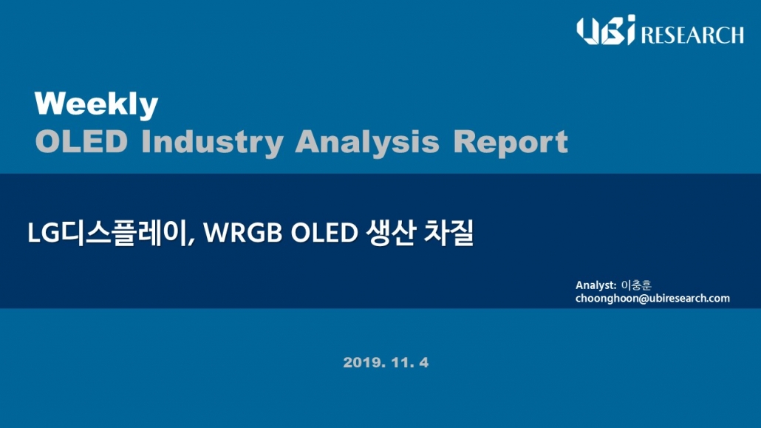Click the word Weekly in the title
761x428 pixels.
[x=96, y=104]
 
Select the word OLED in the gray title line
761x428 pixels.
[x=81, y=142]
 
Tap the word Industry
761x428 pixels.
[x=213, y=143]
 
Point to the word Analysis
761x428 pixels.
[x=367, y=143]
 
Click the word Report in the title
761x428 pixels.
[x=510, y=143]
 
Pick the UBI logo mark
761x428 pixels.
[x=606, y=30]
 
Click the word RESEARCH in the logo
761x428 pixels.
[x=692, y=35]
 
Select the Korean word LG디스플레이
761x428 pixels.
[x=108, y=233]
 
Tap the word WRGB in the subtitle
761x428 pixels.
[x=242, y=233]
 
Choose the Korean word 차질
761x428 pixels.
[x=448, y=233]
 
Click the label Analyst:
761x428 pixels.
[x=596, y=285]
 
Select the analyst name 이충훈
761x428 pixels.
[x=636, y=285]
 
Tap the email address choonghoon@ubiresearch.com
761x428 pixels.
[x=652, y=299]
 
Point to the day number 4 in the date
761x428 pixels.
[x=423, y=362]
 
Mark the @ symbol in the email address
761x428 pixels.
[x=644, y=299]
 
